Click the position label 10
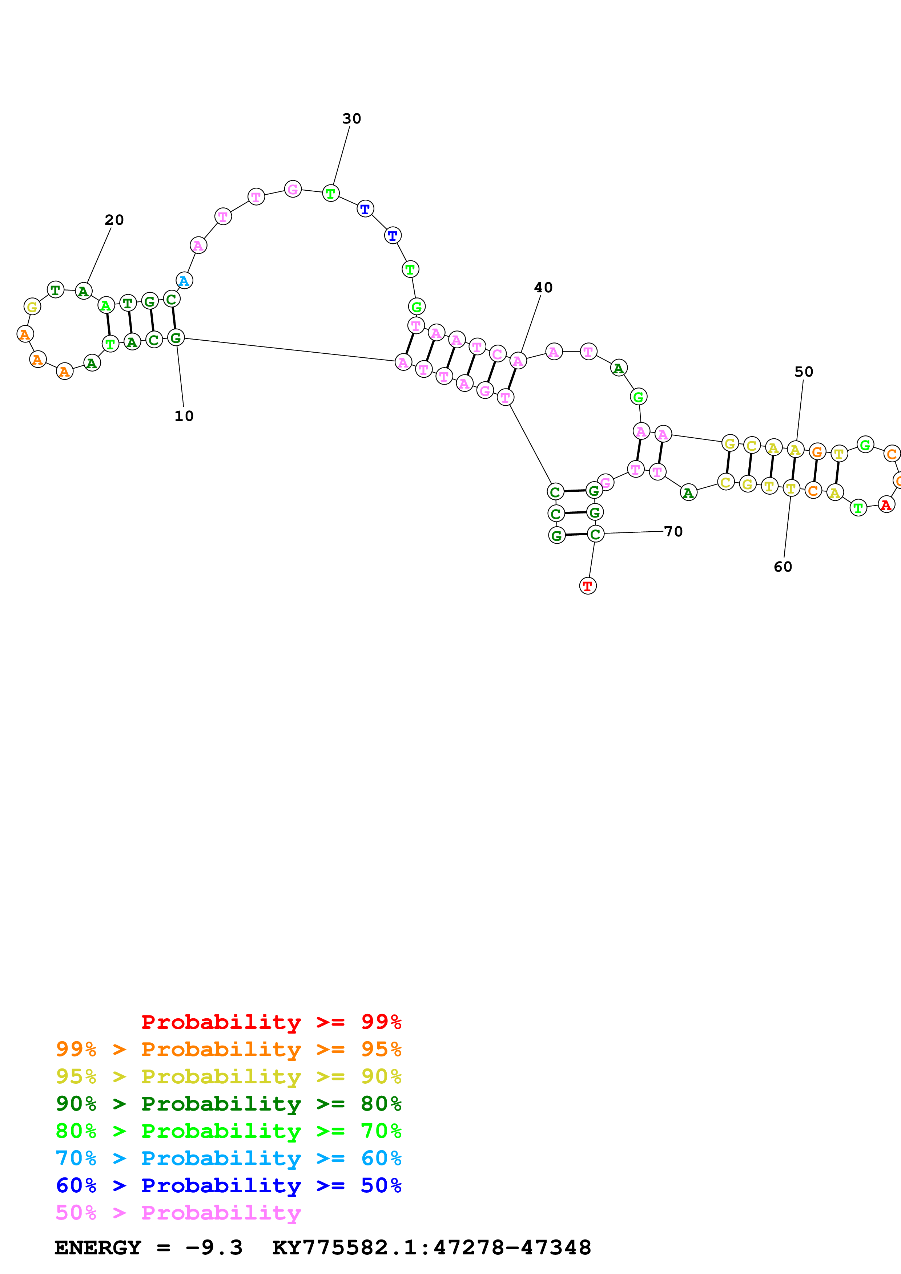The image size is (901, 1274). (x=184, y=416)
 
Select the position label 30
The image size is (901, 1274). (x=351, y=119)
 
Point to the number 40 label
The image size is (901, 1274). (x=543, y=287)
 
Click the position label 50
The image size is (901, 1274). (x=803, y=372)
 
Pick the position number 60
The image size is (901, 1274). (x=783, y=567)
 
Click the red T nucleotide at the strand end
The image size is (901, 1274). (x=587, y=586)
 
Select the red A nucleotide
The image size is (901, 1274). (x=886, y=504)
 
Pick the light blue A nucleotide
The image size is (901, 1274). (x=184, y=281)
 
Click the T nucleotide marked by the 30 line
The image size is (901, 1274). (x=331, y=193)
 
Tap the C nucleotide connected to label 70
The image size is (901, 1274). (x=595, y=534)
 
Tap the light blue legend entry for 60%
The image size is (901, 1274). (x=229, y=1158)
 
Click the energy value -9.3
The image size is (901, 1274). (x=214, y=1247)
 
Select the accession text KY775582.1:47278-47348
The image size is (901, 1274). (x=431, y=1247)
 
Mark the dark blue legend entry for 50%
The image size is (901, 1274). (x=229, y=1185)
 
